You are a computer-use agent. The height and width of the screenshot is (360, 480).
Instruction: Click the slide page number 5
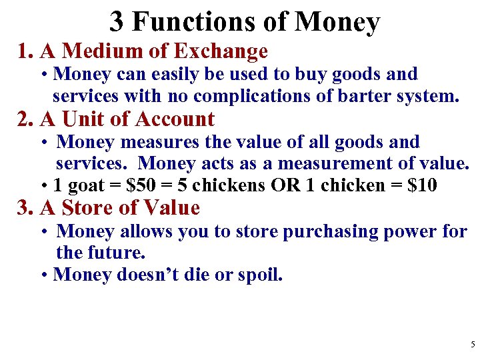472,345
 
